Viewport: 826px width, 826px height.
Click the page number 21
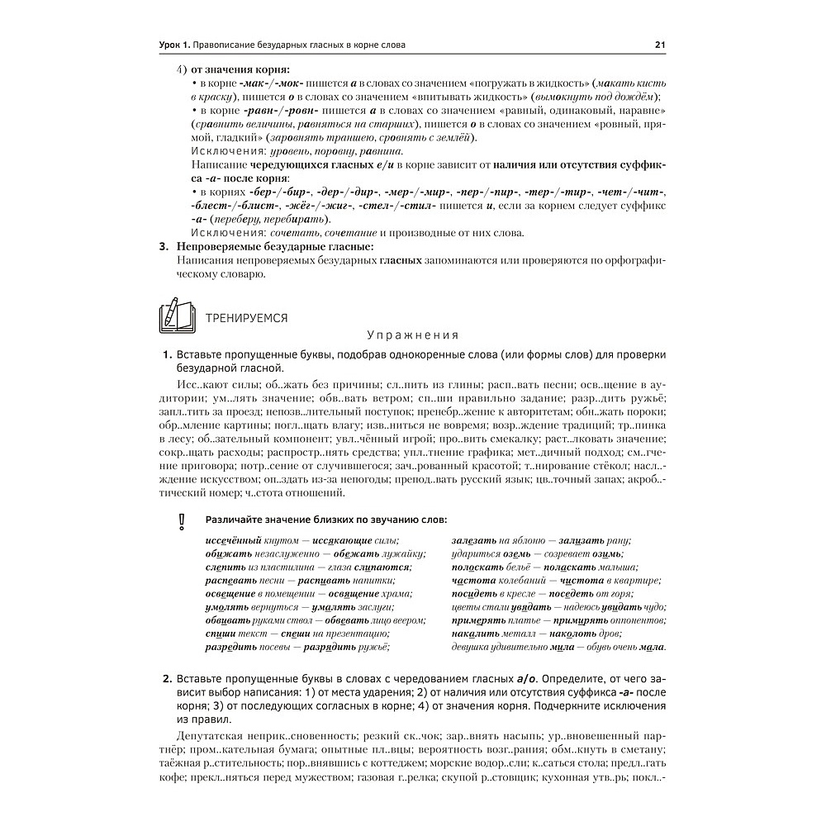660,45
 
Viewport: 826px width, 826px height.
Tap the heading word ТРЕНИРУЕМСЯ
247,316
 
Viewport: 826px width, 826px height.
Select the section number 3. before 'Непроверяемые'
164,246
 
